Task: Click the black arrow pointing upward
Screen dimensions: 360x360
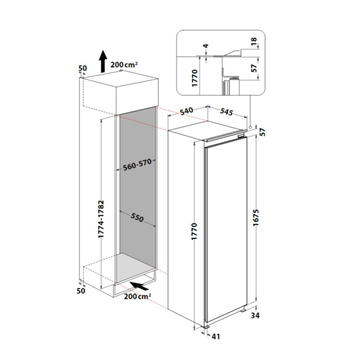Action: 103,62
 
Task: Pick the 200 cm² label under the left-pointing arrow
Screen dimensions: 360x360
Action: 137,297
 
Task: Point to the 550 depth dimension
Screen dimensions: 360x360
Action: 138,218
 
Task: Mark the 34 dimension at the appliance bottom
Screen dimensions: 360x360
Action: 255,315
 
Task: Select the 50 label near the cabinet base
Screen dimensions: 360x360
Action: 81,290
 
